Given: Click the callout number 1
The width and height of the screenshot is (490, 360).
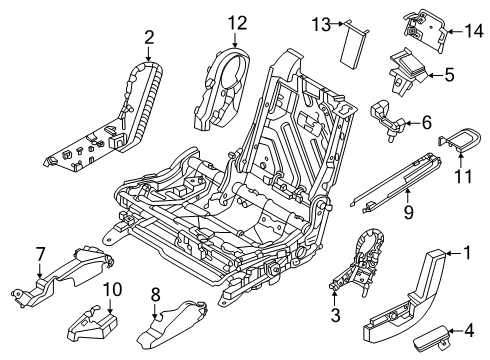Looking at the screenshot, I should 465,254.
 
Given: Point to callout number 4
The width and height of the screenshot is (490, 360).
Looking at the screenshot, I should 470,326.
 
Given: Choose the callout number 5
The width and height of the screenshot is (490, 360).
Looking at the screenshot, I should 450,73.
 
